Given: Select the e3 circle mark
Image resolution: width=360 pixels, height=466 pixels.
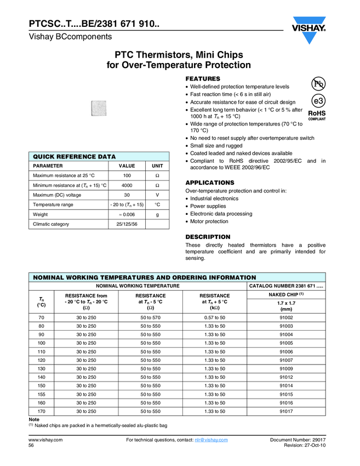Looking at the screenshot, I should (318, 101).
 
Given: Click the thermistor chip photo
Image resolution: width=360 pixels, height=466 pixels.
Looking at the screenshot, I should (98, 107).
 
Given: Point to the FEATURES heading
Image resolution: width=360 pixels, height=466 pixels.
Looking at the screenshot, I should (203, 79).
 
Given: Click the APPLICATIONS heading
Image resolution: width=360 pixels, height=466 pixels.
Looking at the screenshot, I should (210, 183).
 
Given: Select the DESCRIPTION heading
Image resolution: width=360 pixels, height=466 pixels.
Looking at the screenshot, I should (208, 237).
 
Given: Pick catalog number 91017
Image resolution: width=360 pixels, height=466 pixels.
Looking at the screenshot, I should (286, 411).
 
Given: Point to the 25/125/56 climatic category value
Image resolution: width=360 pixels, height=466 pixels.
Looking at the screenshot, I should (127, 224).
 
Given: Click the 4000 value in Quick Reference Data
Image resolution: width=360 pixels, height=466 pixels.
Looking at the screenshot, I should (127, 185).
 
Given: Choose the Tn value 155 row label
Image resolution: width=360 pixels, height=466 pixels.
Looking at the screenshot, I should (42, 394).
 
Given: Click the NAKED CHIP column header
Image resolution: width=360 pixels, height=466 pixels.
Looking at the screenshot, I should (286, 295).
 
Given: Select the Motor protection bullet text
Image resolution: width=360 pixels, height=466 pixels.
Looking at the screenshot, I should (209, 221).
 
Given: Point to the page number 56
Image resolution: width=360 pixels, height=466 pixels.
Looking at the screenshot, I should (31, 447).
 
